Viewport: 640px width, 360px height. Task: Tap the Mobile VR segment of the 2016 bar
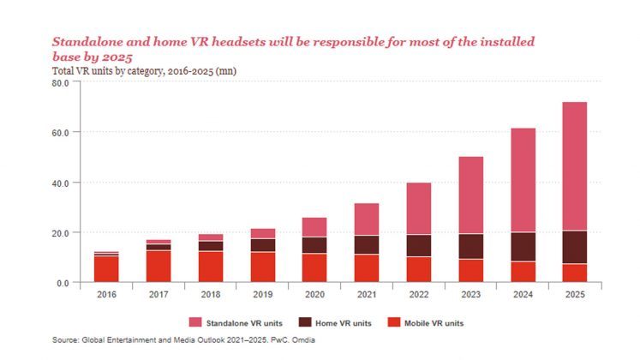click(106, 269)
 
